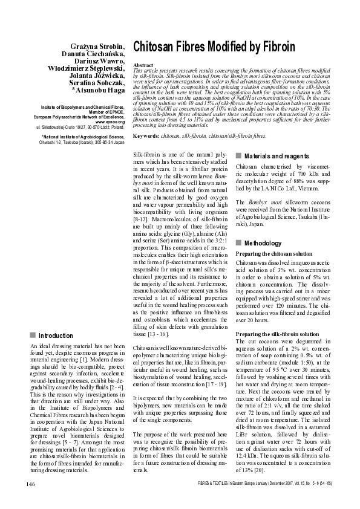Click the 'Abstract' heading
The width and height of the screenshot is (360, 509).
[142, 64]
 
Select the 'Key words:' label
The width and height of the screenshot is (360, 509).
[147, 137]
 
